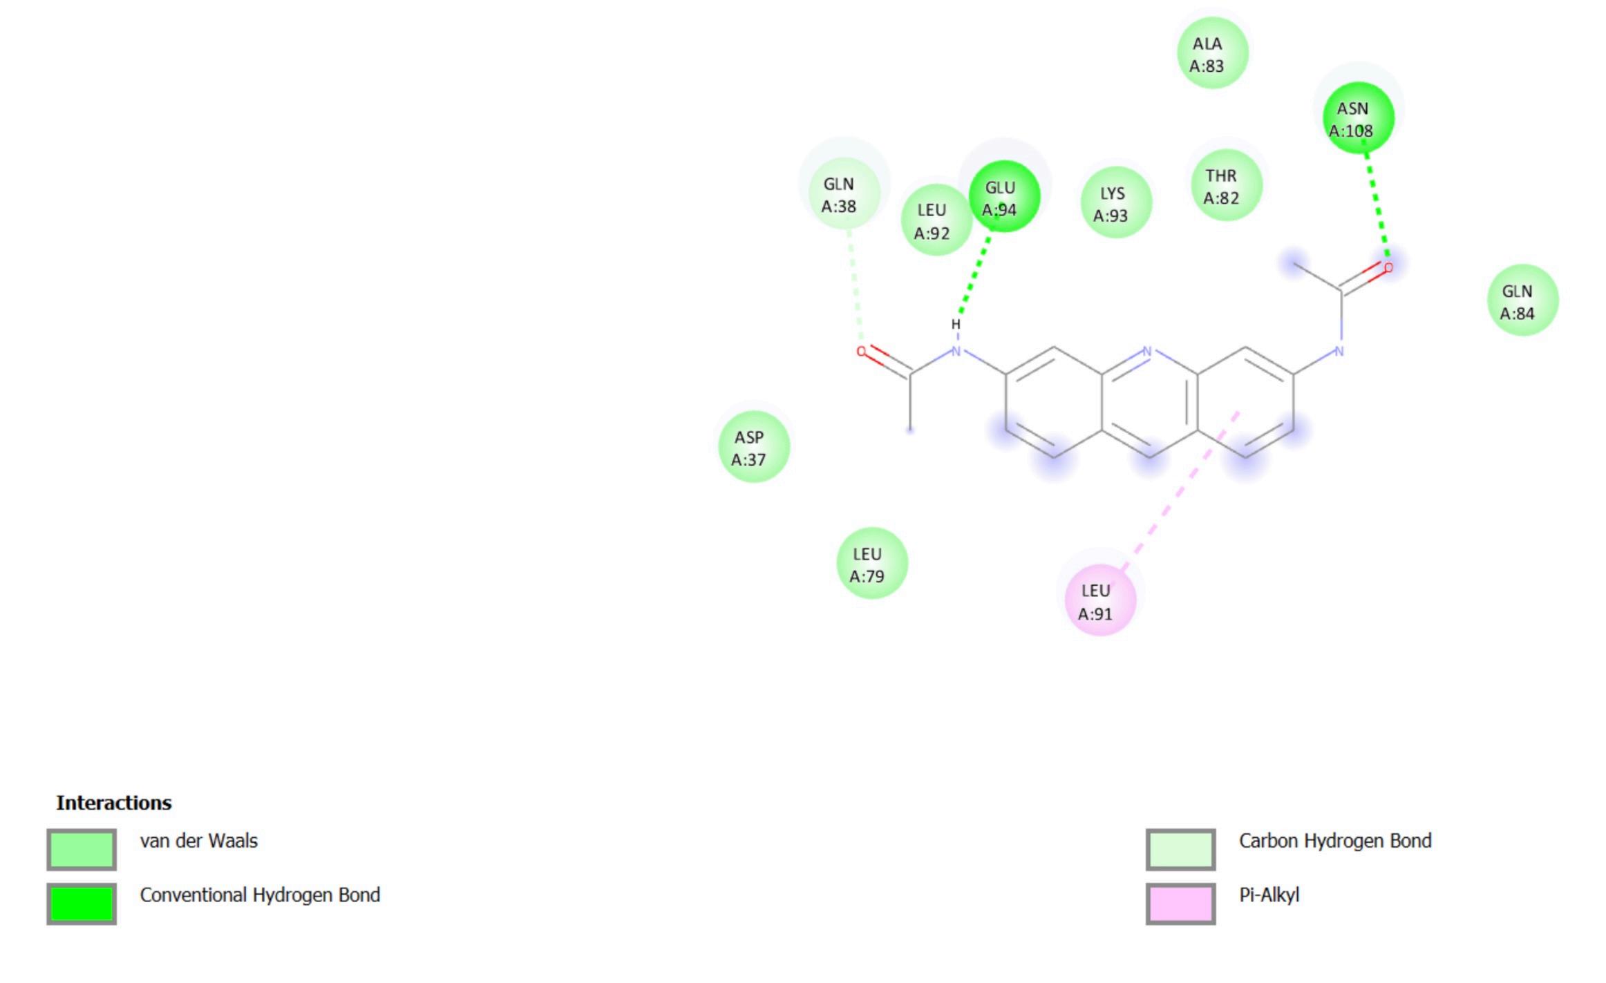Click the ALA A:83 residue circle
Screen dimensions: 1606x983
coord(1212,54)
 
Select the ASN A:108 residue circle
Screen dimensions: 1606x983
coord(1358,118)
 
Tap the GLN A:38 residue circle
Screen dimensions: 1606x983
coord(844,194)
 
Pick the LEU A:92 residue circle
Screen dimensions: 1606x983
coord(936,220)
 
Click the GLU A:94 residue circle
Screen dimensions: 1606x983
coord(1004,197)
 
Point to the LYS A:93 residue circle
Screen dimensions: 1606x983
coord(1115,203)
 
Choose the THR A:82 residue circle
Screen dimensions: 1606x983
coord(1226,186)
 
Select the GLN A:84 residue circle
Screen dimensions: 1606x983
coord(1522,300)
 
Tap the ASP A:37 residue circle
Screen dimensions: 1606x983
coord(753,447)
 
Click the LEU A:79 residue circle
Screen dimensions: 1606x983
coord(871,564)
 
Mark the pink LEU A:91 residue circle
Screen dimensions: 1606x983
coord(1100,600)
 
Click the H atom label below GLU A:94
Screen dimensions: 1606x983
coord(956,324)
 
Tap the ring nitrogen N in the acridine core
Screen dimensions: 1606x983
coord(1147,351)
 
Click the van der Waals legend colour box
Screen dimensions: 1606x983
coord(82,849)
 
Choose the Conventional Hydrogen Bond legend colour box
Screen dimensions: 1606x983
coord(82,903)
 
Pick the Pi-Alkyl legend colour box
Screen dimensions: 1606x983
coord(1180,903)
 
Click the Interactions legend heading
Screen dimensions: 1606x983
coord(114,803)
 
